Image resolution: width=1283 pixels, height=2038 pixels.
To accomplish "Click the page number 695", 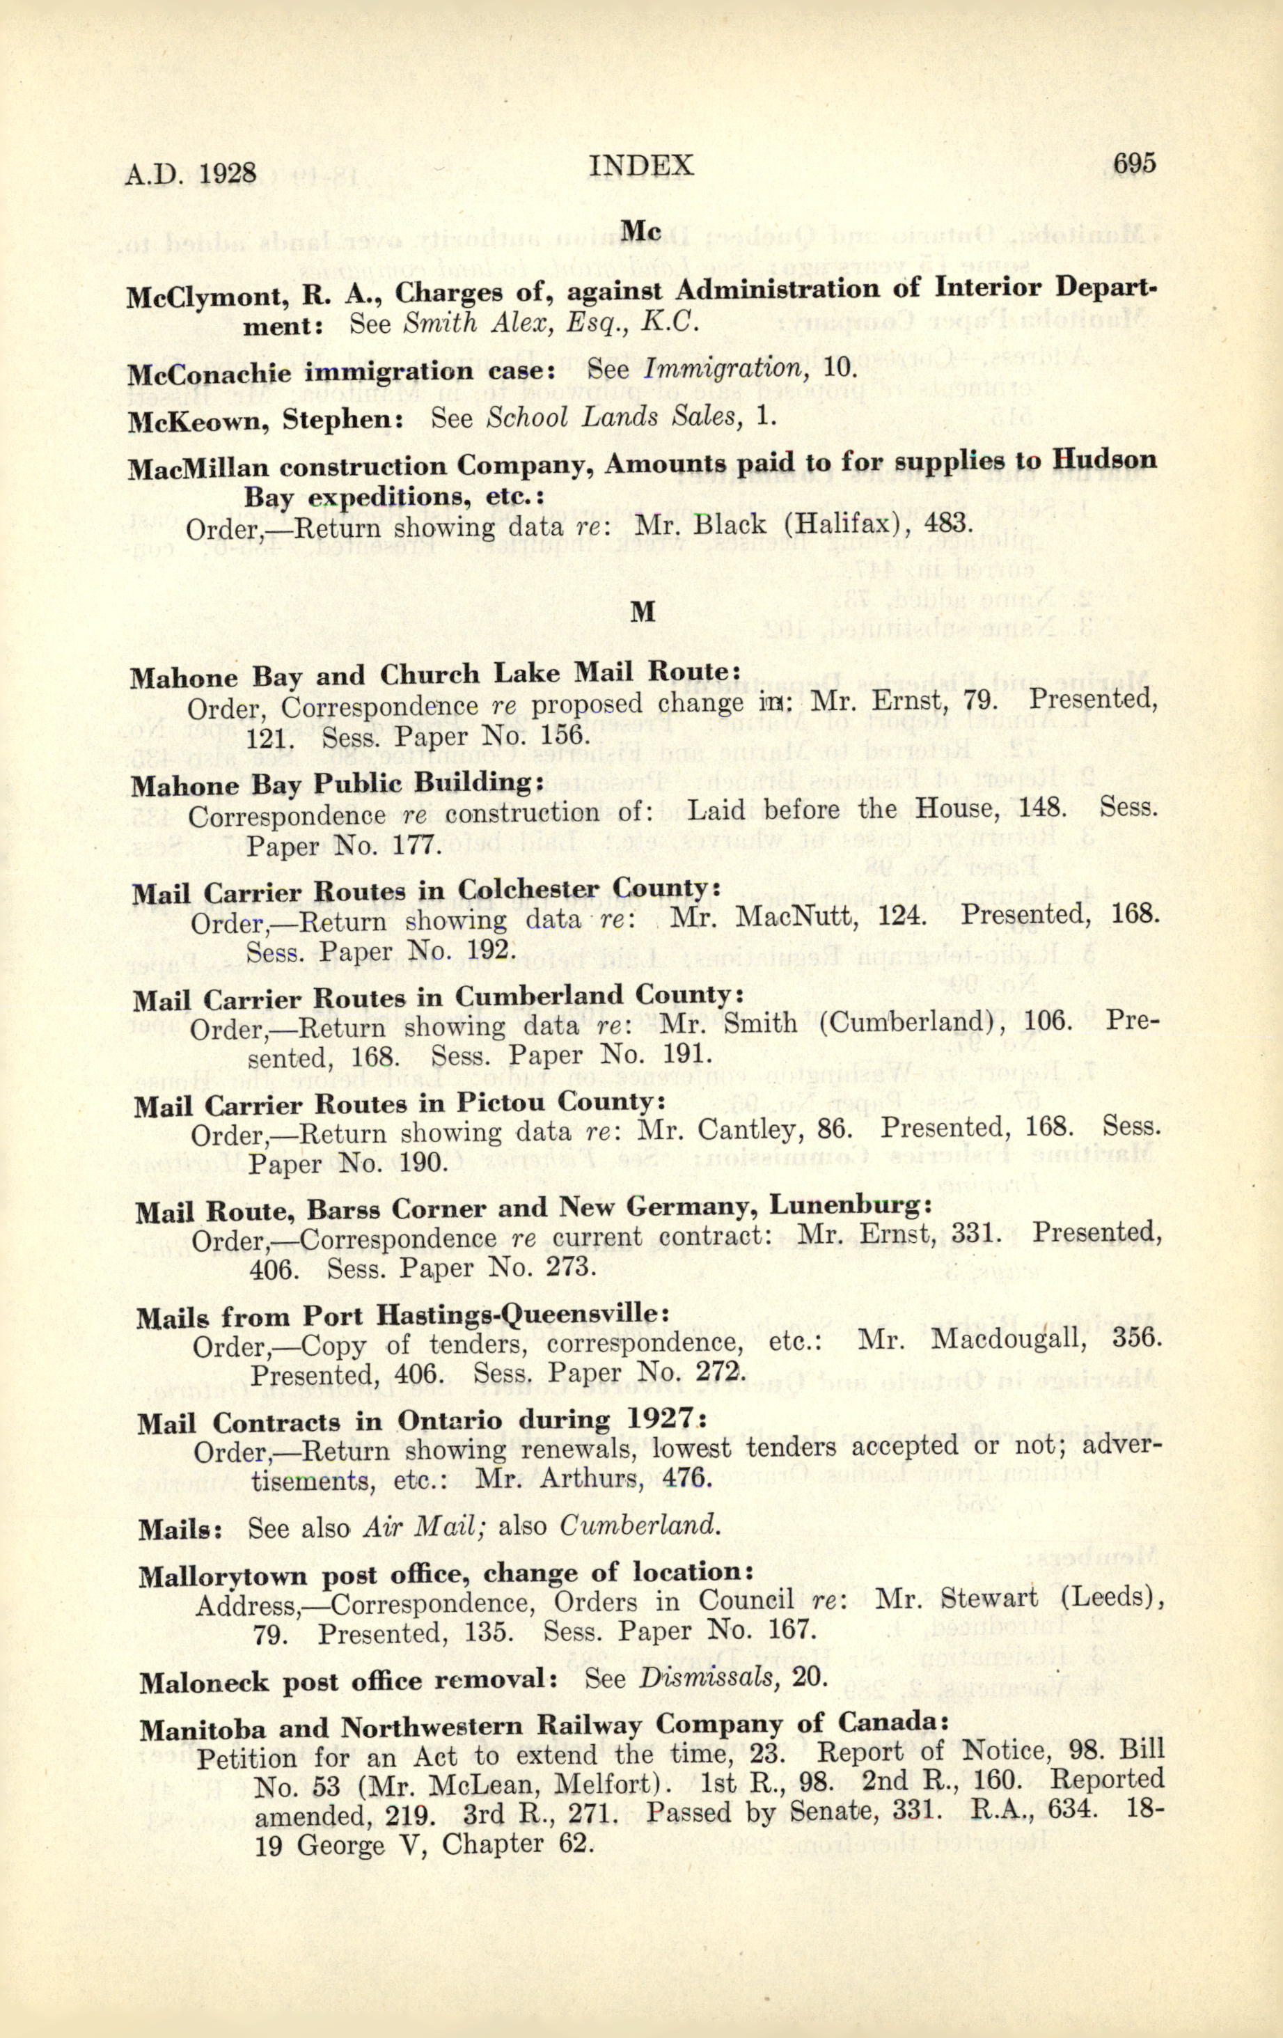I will click(x=1134, y=164).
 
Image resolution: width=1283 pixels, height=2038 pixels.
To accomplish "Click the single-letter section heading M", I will click(x=643, y=611).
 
